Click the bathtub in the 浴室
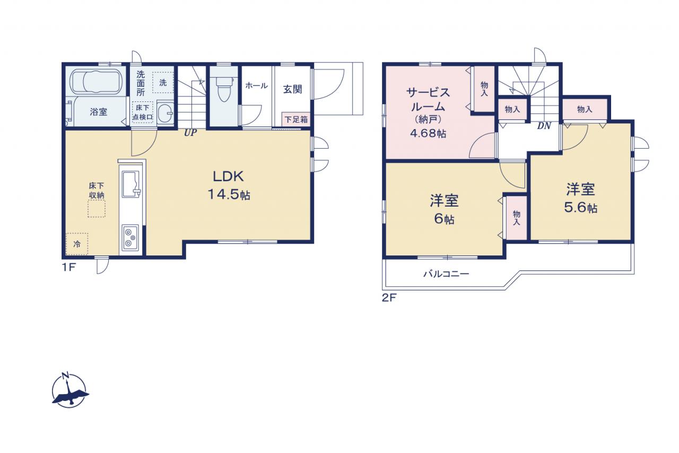tap(96, 81)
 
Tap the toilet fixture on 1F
tap(224, 88)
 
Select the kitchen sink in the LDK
tap(132, 184)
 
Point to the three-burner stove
tap(130, 237)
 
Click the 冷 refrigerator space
tap(77, 244)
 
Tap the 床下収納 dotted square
tap(97, 209)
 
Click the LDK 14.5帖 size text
tap(229, 194)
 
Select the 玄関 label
tap(292, 89)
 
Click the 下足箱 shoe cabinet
tap(296, 119)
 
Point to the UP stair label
tap(190, 133)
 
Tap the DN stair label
tap(544, 126)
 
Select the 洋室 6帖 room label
tap(445, 209)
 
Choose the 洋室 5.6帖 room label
tap(580, 198)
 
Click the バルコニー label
tap(446, 274)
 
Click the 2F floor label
tap(389, 297)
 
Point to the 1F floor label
tap(69, 267)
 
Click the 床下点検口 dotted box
tap(143, 112)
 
